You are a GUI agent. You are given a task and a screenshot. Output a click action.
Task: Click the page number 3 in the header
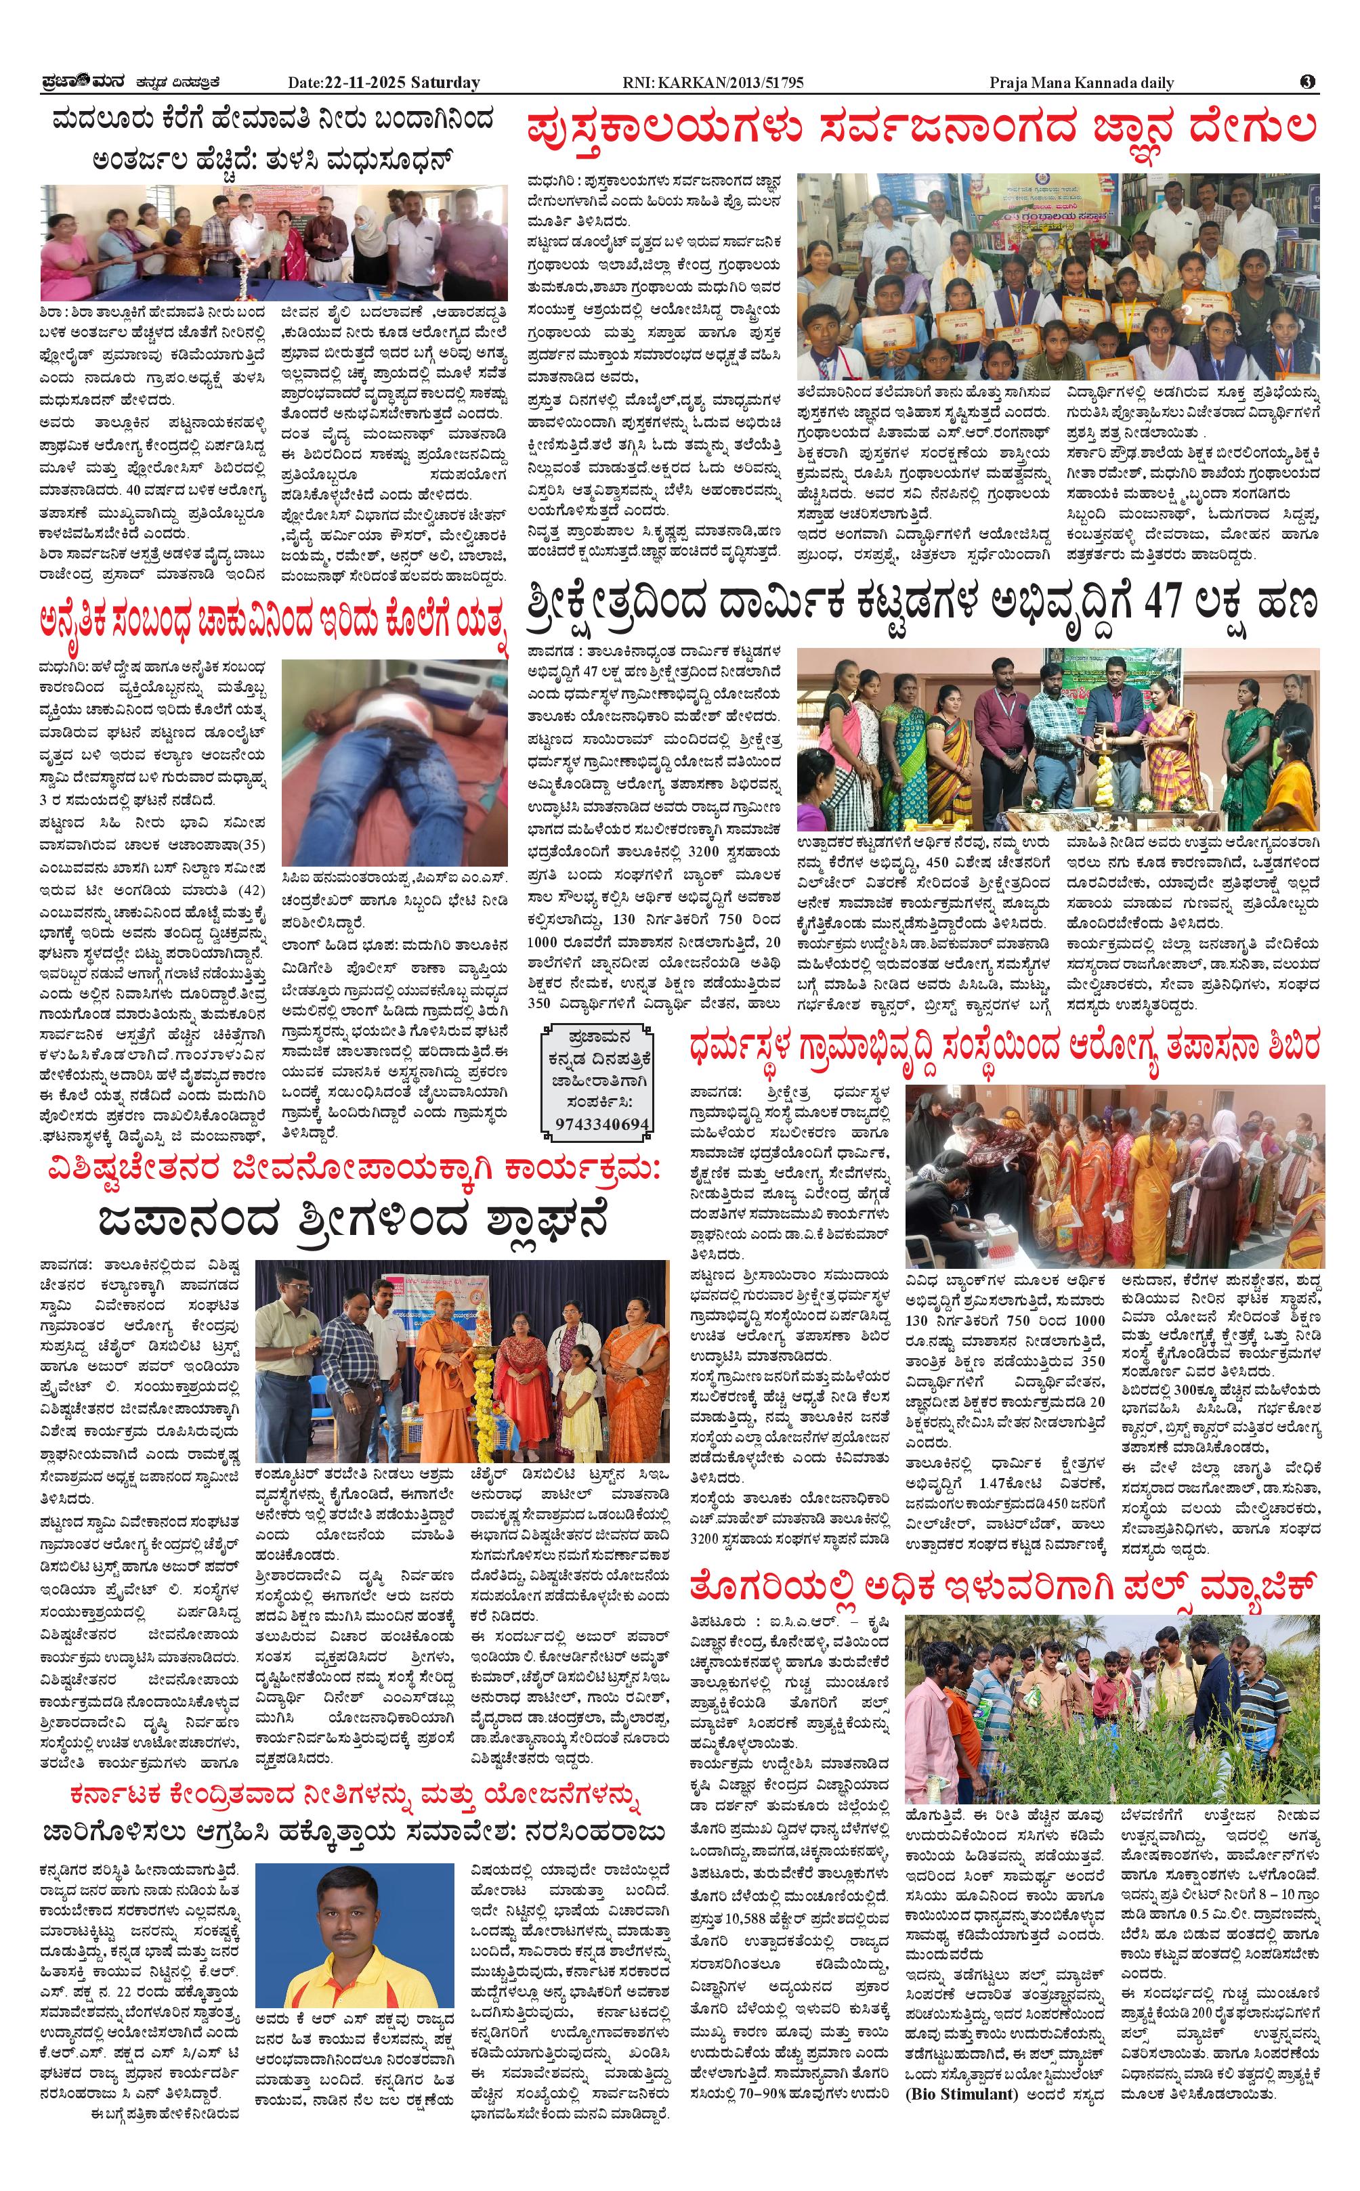click(1307, 82)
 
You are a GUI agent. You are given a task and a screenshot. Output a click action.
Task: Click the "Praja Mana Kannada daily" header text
click(1081, 83)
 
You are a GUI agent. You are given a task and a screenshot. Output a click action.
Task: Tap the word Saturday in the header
click(445, 83)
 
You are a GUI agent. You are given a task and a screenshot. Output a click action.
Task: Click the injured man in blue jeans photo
click(394, 762)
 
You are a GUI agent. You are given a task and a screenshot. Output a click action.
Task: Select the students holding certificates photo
click(1058, 277)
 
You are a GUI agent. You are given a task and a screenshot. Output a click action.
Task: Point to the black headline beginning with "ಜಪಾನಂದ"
click(353, 1220)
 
